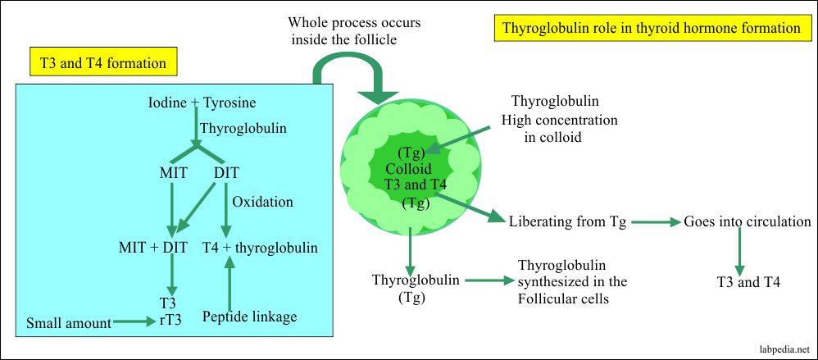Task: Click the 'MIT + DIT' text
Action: coord(153,248)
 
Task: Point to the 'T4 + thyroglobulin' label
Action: coord(258,248)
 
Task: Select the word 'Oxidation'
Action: coord(263,202)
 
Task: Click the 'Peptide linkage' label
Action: coord(249,317)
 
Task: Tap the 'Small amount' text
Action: coord(68,323)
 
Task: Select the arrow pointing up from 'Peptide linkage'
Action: coord(230,283)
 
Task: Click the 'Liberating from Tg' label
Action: coord(567,222)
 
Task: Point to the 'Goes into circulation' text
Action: coord(748,222)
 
